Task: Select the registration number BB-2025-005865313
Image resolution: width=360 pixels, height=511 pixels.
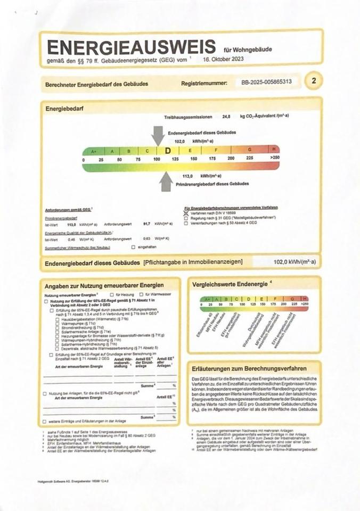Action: (266, 83)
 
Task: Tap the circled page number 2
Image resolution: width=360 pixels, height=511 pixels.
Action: (314, 81)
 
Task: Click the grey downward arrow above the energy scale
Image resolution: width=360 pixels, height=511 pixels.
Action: (158, 135)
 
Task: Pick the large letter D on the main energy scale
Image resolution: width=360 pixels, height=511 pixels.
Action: (167, 151)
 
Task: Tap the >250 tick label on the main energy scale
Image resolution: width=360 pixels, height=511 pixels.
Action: (274, 159)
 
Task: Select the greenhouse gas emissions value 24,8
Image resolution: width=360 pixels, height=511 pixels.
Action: (226, 117)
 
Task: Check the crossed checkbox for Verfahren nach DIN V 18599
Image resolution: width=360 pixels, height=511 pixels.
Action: (186, 212)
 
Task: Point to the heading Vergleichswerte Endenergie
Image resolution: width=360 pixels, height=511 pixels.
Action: (228, 284)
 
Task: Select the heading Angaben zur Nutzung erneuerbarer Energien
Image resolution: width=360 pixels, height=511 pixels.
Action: (104, 286)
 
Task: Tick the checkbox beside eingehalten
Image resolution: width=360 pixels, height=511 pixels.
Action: (133, 247)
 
